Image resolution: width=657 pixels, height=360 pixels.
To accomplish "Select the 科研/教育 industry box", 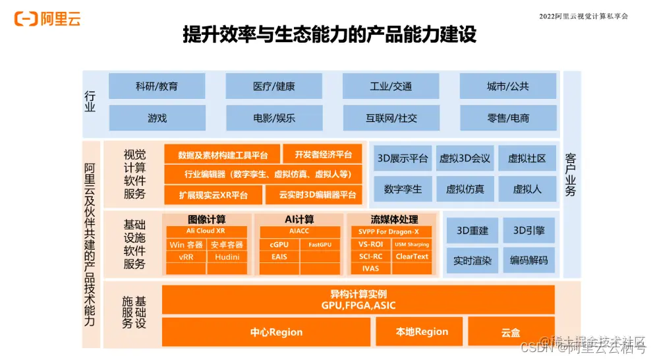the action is (x=157, y=86).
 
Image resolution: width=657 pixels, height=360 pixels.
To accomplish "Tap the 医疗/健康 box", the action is (x=273, y=86).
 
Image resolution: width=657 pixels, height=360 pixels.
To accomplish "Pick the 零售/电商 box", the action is (x=507, y=118).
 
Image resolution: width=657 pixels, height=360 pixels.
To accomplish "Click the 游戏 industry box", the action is (x=157, y=118).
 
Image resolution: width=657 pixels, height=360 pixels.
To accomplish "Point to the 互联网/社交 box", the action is (x=391, y=118).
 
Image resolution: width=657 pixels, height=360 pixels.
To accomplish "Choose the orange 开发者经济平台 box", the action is (x=323, y=155).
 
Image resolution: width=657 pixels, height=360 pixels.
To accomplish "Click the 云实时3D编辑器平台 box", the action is (x=314, y=195).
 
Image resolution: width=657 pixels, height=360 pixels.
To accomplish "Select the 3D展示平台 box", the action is (x=403, y=158).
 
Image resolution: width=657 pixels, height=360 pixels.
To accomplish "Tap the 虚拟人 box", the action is (x=527, y=189).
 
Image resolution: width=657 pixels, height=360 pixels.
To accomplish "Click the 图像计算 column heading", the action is (x=207, y=219).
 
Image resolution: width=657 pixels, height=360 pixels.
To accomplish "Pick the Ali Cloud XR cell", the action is (x=207, y=231).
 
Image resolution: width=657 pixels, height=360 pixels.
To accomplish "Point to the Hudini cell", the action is (x=227, y=257).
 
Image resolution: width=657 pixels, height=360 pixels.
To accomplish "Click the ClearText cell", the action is (x=412, y=257).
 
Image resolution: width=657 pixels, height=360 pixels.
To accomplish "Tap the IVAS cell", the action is (x=370, y=269).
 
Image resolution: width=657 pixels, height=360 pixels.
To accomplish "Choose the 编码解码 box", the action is (x=528, y=260).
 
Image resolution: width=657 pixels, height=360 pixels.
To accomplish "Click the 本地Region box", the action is (x=422, y=332).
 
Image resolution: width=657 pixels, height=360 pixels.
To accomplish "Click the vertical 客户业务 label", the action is (x=571, y=175).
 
